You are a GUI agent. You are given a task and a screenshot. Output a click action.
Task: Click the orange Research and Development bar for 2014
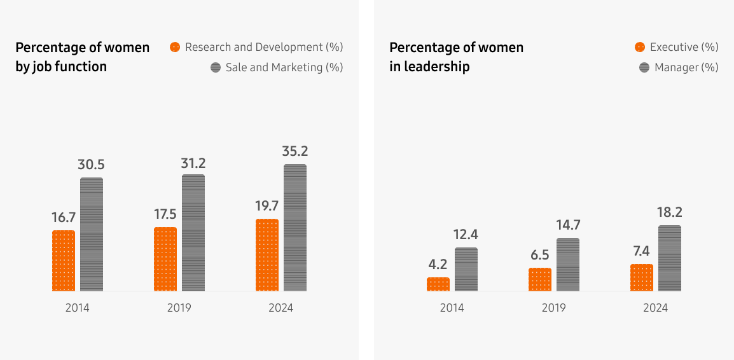point(64,261)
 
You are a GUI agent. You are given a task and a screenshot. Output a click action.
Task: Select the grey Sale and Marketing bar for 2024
point(295,228)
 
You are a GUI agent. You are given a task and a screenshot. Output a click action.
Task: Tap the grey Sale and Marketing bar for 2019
point(193,233)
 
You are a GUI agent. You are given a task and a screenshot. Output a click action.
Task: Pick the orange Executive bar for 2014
point(438,284)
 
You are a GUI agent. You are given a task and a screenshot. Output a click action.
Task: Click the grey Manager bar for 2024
point(669,258)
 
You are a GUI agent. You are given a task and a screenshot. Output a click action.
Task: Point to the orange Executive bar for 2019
point(540,279)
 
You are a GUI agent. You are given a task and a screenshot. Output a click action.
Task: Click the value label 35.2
point(294,151)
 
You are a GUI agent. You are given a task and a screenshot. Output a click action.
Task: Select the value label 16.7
point(64,218)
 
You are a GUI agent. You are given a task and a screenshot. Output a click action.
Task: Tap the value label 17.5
point(165,214)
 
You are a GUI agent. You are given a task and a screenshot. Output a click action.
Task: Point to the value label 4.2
point(438,265)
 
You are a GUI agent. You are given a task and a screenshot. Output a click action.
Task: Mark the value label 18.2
point(669,212)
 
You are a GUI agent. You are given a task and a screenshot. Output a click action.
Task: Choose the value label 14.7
point(567,225)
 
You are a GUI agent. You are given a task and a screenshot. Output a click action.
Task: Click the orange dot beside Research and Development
point(175,47)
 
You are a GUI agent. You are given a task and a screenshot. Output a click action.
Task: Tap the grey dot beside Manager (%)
point(644,67)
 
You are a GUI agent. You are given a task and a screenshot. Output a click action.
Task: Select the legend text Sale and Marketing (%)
point(284,67)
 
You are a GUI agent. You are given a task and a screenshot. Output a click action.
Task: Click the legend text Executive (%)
point(684,47)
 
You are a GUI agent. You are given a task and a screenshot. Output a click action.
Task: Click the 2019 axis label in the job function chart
point(179,308)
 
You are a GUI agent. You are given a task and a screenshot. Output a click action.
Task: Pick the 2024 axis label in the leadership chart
point(655,308)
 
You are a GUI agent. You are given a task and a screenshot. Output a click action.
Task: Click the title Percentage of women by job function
point(82,57)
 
